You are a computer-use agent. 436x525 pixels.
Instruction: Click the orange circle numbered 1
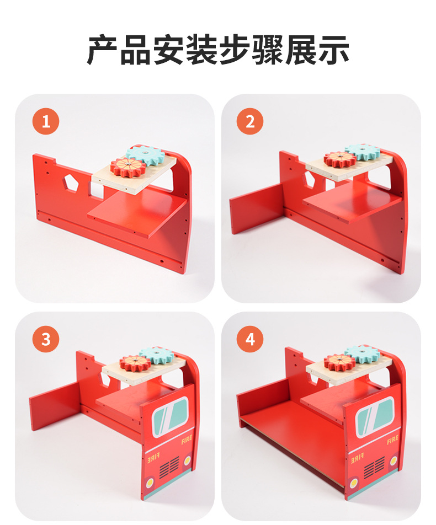coord(46,121)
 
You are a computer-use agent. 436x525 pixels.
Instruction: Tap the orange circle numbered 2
coord(250,121)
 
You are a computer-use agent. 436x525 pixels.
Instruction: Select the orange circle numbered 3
coord(46,339)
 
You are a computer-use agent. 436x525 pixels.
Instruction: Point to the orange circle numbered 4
coord(250,339)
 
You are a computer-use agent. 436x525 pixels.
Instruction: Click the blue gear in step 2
coord(363,151)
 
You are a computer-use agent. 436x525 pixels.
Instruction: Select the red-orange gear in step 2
coord(340,159)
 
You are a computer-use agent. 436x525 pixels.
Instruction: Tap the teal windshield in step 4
coord(375,417)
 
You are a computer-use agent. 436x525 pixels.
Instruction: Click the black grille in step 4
coord(374,467)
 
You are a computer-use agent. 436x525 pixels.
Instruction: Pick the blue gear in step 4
coord(363,355)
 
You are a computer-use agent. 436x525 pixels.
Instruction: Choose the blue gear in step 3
coord(156,356)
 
